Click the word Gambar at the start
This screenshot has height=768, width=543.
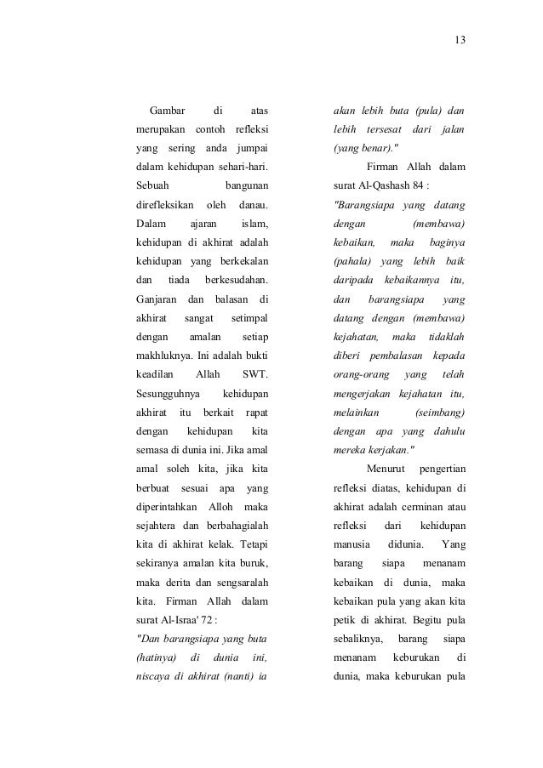[x=168, y=111]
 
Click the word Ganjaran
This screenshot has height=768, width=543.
[x=157, y=299]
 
